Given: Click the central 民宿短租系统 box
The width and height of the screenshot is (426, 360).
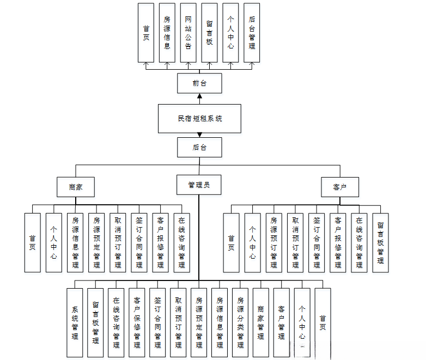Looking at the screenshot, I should pyautogui.click(x=199, y=119).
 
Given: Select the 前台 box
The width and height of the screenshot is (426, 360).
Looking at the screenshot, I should pyautogui.click(x=199, y=84).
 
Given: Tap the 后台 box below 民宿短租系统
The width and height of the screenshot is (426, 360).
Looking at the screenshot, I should pyautogui.click(x=199, y=148).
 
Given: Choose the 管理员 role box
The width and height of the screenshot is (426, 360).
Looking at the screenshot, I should pyautogui.click(x=199, y=185).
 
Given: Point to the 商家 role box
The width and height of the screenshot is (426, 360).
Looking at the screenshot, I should pyautogui.click(x=76, y=187).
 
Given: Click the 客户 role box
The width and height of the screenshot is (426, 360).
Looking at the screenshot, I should pyautogui.click(x=339, y=187).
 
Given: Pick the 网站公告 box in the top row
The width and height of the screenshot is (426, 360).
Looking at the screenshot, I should pyautogui.click(x=188, y=33).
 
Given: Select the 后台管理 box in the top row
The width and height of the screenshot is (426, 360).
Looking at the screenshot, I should pyautogui.click(x=252, y=33).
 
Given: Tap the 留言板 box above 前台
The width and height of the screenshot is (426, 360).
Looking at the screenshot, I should pyautogui.click(x=209, y=33).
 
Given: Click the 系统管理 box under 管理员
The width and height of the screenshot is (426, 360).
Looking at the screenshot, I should pyautogui.click(x=75, y=322).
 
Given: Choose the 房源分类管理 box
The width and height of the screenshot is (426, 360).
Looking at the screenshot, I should pyautogui.click(x=240, y=322).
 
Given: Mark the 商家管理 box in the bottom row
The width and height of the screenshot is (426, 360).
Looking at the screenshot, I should pyautogui.click(x=261, y=322).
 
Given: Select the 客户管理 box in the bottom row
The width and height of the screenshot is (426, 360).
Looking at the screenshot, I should pyautogui.click(x=282, y=322).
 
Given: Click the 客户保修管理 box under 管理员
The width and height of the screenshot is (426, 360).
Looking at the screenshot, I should pyautogui.click(x=137, y=322).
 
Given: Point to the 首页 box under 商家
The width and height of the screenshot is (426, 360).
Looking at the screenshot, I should pyautogui.click(x=33, y=242).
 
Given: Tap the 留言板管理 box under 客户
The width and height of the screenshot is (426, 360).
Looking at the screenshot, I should pyautogui.click(x=380, y=242).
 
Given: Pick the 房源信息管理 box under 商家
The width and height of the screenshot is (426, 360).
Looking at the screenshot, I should pyautogui.click(x=75, y=242).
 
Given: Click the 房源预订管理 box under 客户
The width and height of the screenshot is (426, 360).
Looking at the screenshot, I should pyautogui.click(x=273, y=242).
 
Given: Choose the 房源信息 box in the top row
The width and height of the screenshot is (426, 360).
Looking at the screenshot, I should pyautogui.click(x=167, y=33).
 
